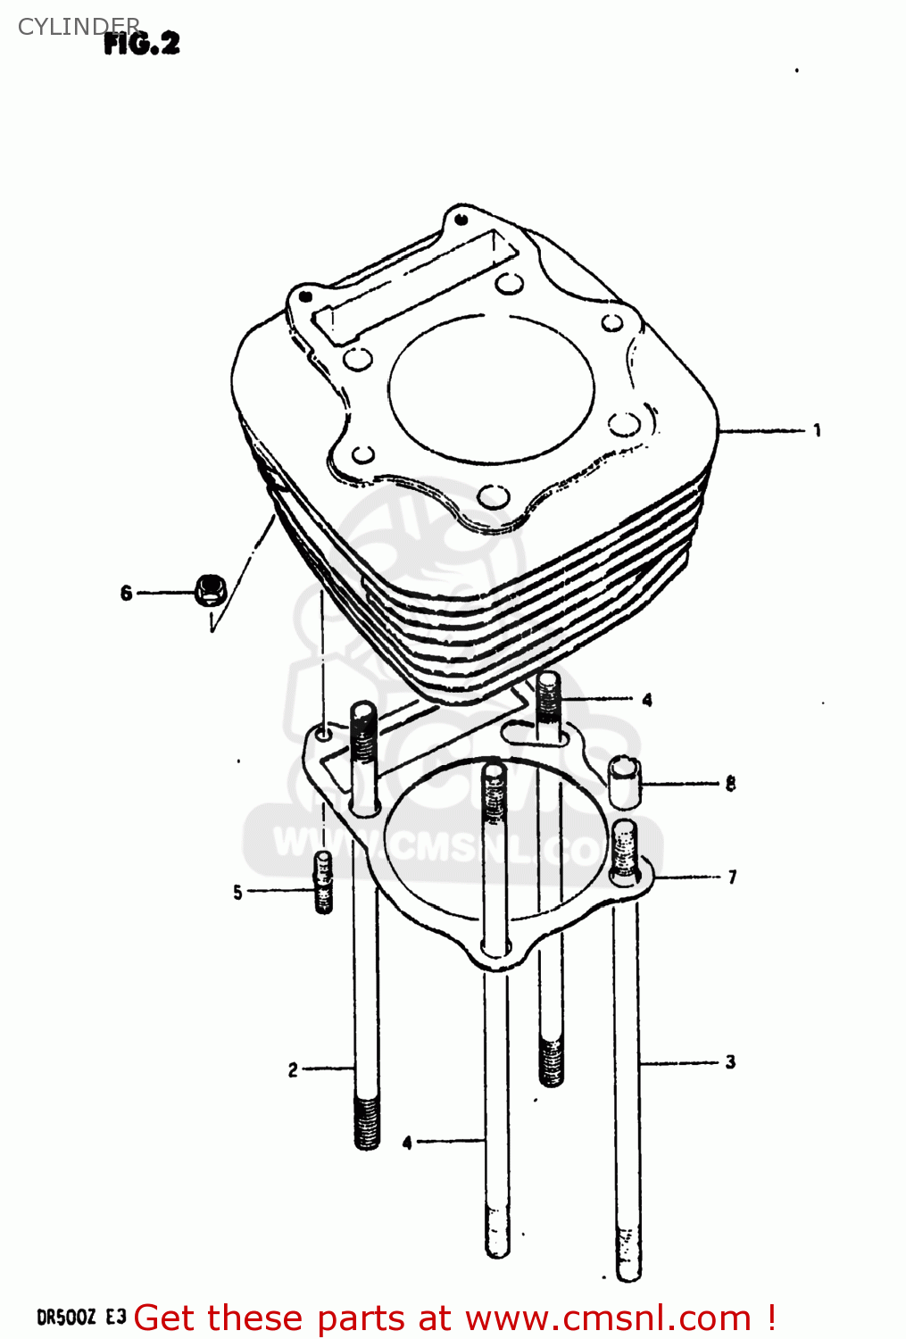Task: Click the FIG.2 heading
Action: click(142, 43)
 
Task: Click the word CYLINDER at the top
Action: click(79, 27)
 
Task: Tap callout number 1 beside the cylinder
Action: click(817, 431)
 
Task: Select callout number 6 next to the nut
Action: click(126, 593)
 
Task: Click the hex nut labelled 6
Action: click(210, 590)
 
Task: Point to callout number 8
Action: click(730, 784)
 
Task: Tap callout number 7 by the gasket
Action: click(732, 877)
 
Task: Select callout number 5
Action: click(237, 892)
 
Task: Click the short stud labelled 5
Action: click(323, 883)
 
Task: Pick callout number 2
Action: click(293, 1069)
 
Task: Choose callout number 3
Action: click(730, 1062)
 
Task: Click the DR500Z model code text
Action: click(65, 1318)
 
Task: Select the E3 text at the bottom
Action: click(116, 1318)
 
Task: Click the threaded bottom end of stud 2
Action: click(367, 1122)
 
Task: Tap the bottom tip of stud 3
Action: click(628, 1268)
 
